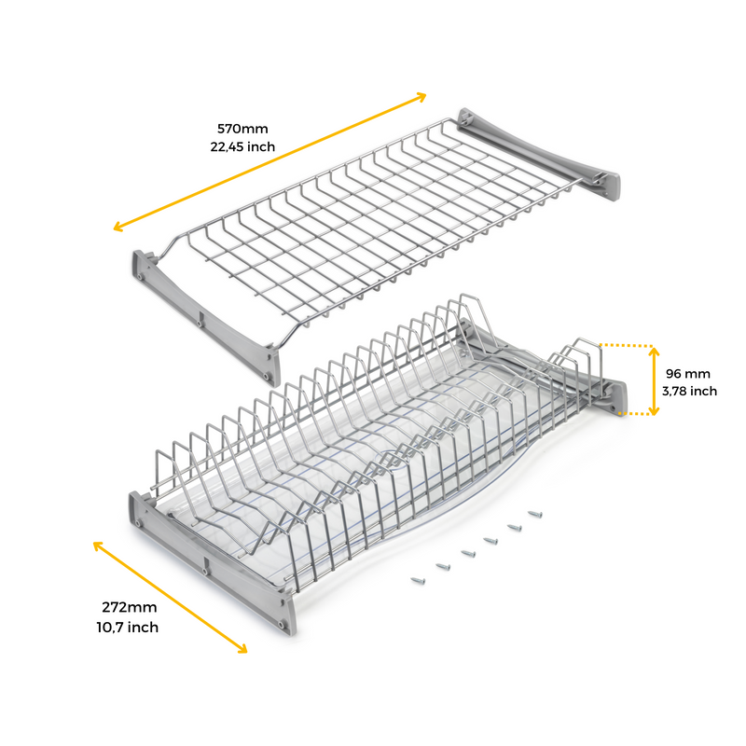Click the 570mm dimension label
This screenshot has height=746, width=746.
point(242,129)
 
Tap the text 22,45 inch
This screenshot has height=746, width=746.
point(242,146)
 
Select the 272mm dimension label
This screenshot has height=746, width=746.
point(129,608)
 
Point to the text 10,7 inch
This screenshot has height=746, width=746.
point(128,628)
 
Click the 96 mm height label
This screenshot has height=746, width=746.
point(688,374)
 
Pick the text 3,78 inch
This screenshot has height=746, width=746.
point(689,392)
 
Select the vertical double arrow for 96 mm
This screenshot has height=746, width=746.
point(654,381)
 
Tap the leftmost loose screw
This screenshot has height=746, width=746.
point(418,580)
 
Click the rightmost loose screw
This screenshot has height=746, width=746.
point(535,514)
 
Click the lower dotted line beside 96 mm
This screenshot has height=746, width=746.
point(636,414)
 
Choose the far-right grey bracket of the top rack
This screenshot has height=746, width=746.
point(539,154)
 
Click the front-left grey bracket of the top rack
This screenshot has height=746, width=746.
point(205,318)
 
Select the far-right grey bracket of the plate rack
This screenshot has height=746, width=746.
point(547,363)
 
